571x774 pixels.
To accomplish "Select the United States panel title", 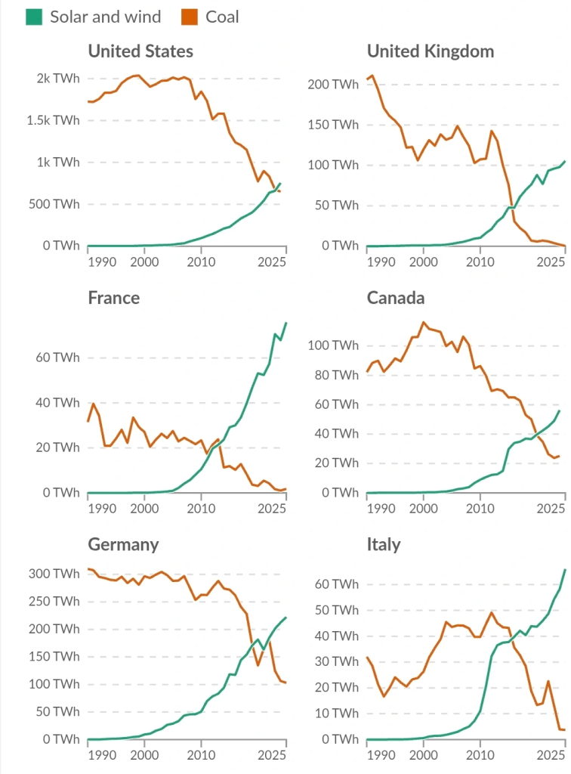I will (x=140, y=51).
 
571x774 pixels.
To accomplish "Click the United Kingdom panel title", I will (x=431, y=51).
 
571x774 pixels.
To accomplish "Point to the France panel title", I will (x=114, y=298).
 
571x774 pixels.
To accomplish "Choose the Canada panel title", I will (x=396, y=298).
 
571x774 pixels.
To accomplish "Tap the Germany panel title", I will (x=123, y=545).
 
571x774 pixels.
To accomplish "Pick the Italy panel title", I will (x=384, y=545).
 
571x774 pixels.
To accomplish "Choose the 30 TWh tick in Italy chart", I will (x=336, y=661).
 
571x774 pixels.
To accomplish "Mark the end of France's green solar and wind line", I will (x=286, y=323).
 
